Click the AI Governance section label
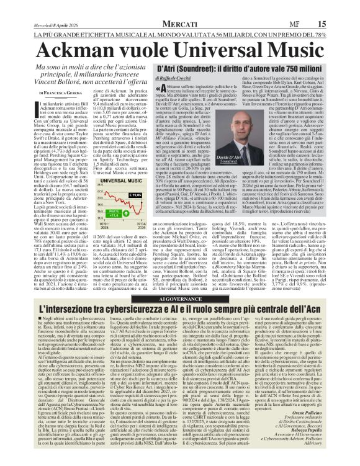click(x=180, y=280)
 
